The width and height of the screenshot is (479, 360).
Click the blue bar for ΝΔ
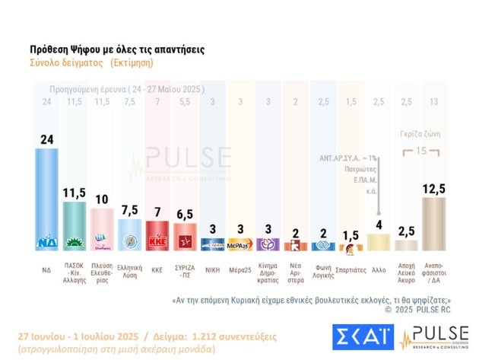pyautogui.click(x=46, y=198)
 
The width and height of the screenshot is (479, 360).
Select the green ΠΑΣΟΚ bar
pyautogui.click(x=74, y=225)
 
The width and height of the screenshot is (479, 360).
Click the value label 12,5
pyautogui.click(x=433, y=187)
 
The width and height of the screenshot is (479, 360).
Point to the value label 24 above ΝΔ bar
pyautogui.click(x=46, y=139)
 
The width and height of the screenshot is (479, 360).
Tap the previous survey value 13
pyautogui.click(x=433, y=102)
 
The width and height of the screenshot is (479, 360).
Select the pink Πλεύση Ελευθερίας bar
pyautogui.click(x=101, y=229)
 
